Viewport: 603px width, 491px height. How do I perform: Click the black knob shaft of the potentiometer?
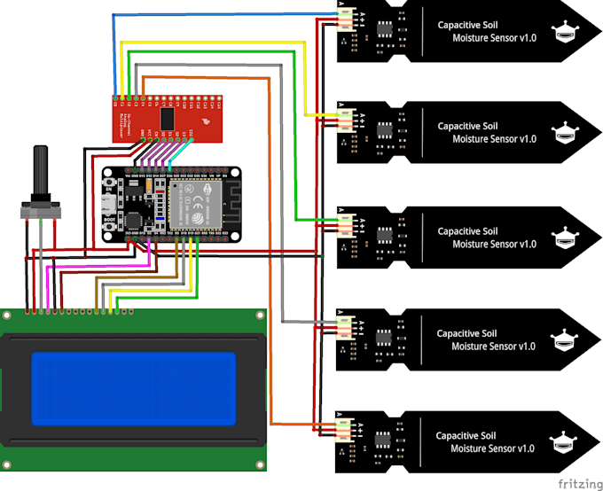(40, 174)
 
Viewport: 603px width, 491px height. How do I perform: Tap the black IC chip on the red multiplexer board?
(167, 117)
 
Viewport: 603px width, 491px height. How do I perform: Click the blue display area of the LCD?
(134, 387)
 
